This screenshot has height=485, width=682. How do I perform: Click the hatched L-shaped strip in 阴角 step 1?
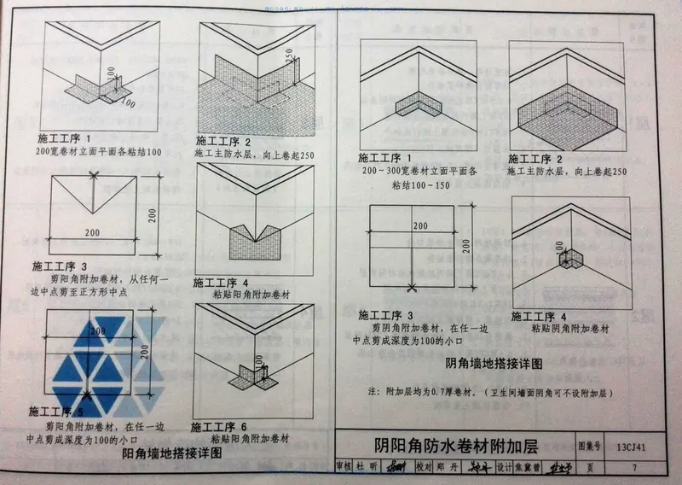point(418,108)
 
